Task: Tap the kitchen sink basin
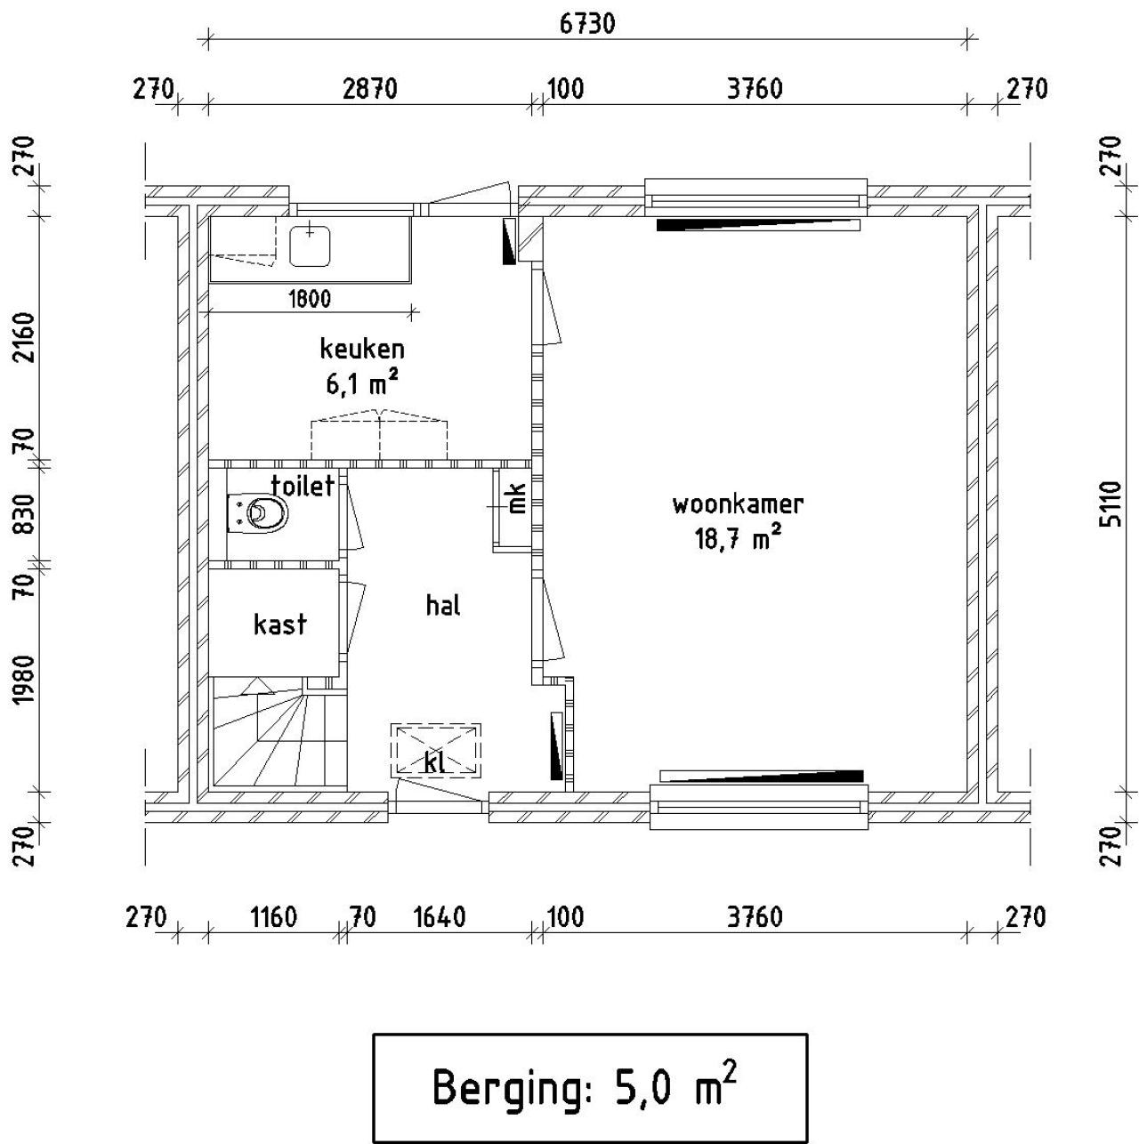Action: (x=310, y=246)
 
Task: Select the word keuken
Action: (x=362, y=349)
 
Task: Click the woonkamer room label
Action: (x=738, y=504)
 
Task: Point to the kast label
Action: (x=279, y=624)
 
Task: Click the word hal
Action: (x=443, y=606)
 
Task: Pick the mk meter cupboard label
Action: (x=517, y=498)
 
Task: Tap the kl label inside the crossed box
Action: (x=435, y=762)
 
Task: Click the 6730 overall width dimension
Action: (x=587, y=24)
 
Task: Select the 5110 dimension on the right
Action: (x=1110, y=504)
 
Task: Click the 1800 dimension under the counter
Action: (x=310, y=299)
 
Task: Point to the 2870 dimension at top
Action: (x=370, y=89)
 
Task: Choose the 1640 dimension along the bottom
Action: (x=440, y=917)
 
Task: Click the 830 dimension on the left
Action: (x=26, y=514)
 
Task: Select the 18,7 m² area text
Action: (x=738, y=538)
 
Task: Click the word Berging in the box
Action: (x=510, y=1087)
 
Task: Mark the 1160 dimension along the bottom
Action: (x=273, y=917)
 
